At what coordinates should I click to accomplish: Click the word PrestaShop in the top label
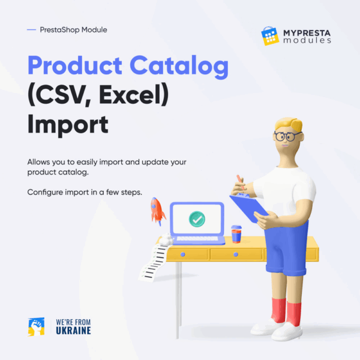(60, 30)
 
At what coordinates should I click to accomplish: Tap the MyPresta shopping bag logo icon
(270, 36)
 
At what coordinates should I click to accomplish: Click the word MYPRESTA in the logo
(307, 33)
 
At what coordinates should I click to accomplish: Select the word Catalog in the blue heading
(179, 67)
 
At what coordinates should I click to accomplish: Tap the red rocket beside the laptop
(157, 211)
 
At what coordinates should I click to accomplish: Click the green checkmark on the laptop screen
(197, 219)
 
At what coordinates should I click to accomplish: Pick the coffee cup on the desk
(236, 234)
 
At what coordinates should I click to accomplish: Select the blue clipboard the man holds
(249, 208)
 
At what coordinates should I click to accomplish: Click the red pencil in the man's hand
(241, 182)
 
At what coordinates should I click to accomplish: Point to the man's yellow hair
(289, 124)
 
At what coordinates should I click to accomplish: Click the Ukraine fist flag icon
(36, 327)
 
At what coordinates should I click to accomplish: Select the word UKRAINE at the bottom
(73, 331)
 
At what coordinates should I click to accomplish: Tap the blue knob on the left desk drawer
(183, 254)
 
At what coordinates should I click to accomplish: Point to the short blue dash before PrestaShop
(31, 29)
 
